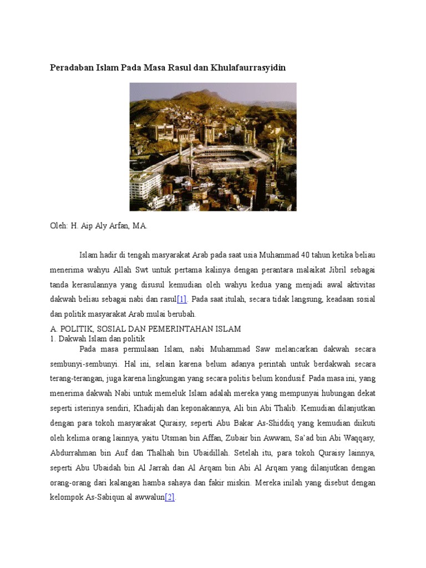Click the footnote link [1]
[x=182, y=300]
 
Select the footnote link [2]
[x=170, y=498]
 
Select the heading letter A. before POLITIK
[x=54, y=329]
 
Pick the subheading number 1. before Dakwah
[x=53, y=338]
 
